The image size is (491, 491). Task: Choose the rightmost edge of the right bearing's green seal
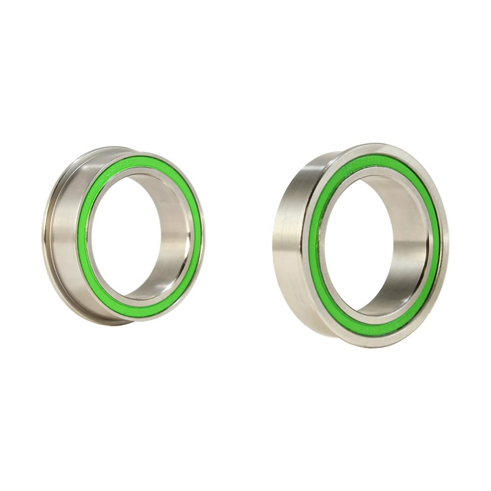click(x=436, y=245)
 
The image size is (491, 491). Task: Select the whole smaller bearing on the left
click(x=123, y=236)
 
